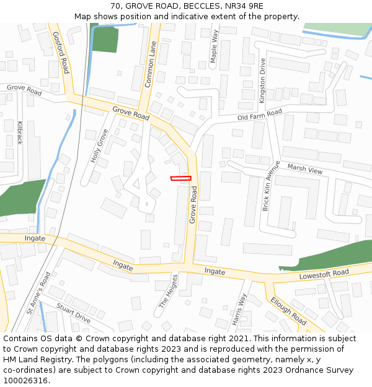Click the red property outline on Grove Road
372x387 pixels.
pos(181,178)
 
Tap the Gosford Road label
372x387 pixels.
pos(60,53)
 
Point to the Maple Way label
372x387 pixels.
pos(215,46)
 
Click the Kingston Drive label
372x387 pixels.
pos(263,80)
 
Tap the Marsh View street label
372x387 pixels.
pos(305,168)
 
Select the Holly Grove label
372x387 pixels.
pos(99,146)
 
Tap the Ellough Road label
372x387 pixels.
pos(288,311)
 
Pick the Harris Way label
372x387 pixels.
pos(239,309)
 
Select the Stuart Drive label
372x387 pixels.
pos(73,313)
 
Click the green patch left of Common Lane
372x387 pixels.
pos(105,40)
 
